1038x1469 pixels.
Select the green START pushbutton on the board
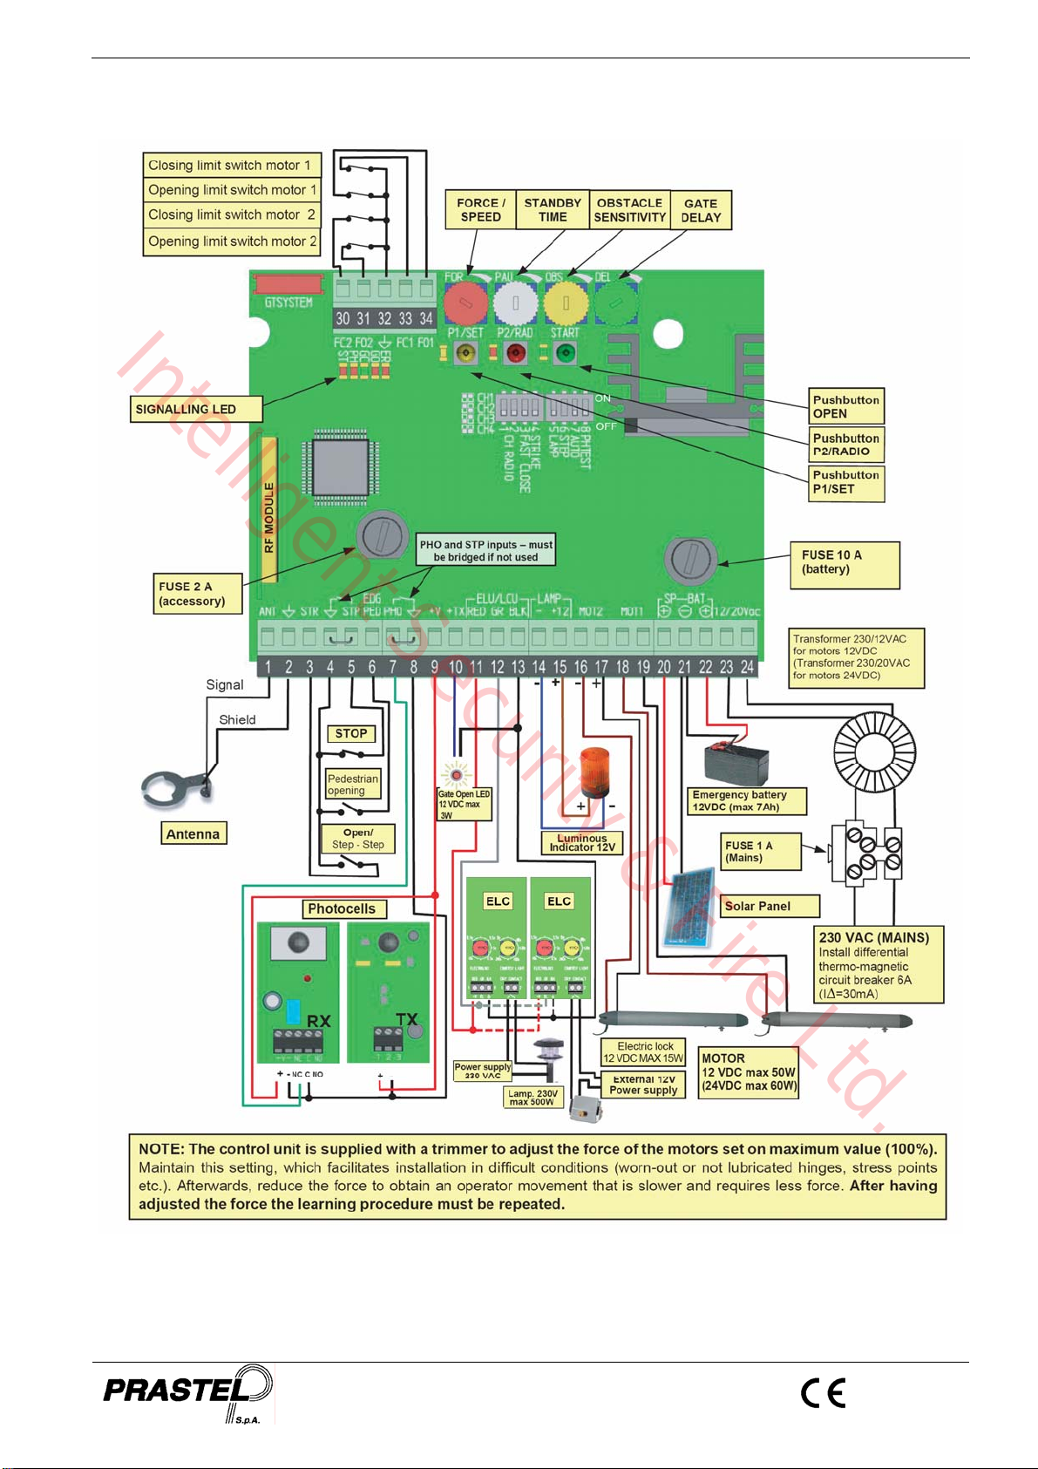pos(566,353)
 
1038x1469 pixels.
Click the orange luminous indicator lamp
pos(597,772)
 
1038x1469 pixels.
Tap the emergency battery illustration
pos(737,764)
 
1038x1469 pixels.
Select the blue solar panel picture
pos(689,906)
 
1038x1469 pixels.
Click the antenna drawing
pos(178,788)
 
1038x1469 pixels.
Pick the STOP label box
pos(351,734)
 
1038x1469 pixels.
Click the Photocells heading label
pos(342,908)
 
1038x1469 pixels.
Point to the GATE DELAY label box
pos(701,211)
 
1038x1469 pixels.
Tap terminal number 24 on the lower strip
pos(747,667)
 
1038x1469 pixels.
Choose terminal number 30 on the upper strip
pos(343,318)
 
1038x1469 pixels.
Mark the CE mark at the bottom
pos(824,1392)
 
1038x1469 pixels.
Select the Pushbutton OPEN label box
pos(846,407)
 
